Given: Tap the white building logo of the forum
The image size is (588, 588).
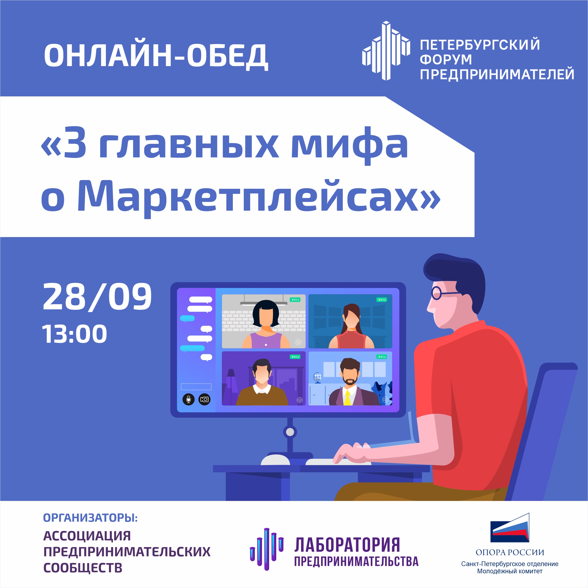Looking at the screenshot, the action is pos(386,50).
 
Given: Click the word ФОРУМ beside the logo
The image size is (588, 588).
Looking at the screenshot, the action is pos(446,59).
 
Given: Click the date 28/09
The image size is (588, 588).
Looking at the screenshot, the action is pos(97,297).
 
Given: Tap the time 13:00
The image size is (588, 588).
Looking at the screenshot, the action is pos(75,334).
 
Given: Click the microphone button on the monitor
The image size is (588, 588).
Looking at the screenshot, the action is pos(188,399).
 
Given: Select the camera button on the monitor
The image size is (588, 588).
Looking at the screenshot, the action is pos(204,399).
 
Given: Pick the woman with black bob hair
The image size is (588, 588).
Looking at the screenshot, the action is pos(266,325).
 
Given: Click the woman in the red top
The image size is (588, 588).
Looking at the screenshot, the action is pos(351,326).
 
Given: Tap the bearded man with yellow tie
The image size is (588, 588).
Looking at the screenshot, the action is pos(350,382).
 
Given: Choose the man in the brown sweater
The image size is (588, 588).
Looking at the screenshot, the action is pos(262,383).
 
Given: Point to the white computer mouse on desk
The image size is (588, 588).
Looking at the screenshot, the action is pos(276,460).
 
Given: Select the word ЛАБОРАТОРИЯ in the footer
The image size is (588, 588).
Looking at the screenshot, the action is pos(347,545).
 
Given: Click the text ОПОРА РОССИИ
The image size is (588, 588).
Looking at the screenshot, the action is pos(510,552).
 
